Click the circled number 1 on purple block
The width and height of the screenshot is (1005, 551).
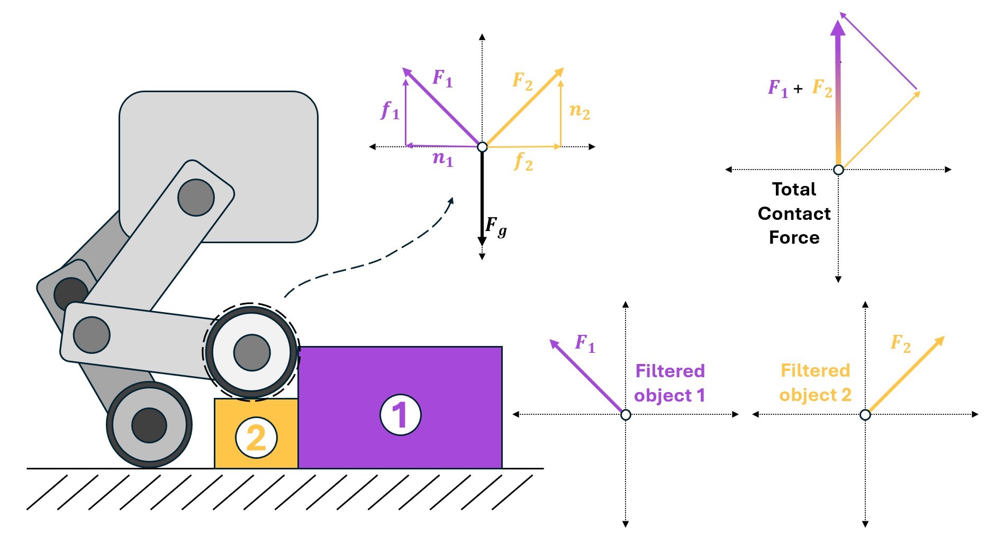point(401,415)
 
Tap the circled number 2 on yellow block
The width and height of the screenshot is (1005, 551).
point(256,438)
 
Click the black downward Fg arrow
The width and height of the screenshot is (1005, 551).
point(482,201)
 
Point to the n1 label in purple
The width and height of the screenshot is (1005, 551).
point(443,158)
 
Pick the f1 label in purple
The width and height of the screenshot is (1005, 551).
point(390,110)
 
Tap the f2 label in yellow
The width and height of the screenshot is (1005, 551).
point(523,161)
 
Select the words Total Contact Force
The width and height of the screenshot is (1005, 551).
point(794,213)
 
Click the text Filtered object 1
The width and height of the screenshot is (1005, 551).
point(669,383)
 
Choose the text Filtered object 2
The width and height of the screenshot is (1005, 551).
point(815,383)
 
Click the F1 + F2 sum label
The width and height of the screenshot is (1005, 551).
point(799,87)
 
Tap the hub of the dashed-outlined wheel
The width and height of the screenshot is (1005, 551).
point(252,352)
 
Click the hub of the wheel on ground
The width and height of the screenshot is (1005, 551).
point(149,425)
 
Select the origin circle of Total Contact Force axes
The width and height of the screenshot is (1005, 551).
point(838,170)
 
